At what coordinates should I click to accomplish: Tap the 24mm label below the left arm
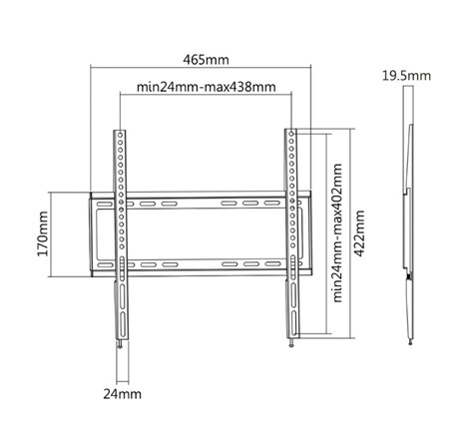[x=121, y=395]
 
